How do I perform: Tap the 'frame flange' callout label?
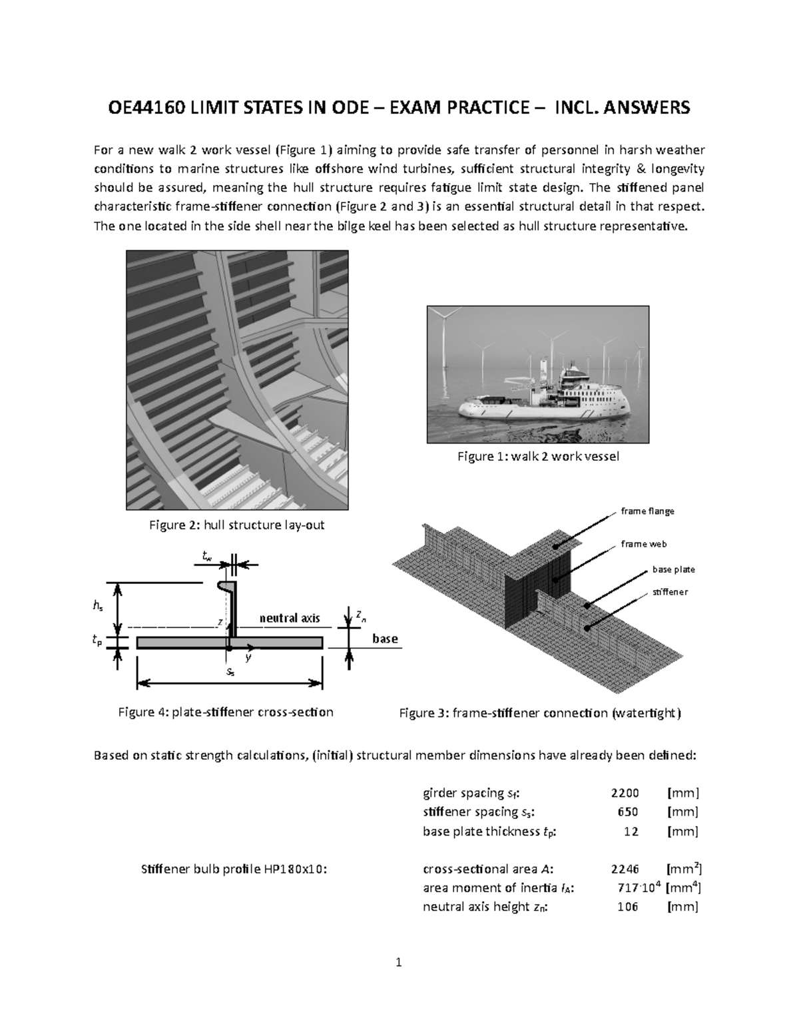point(647,511)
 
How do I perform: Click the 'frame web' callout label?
point(643,544)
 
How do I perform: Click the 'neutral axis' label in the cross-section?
point(290,618)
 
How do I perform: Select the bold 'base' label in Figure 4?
point(385,639)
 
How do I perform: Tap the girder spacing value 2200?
point(625,792)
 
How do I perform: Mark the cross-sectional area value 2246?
point(625,869)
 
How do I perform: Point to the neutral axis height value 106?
point(627,907)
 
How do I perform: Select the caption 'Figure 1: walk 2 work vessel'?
point(538,456)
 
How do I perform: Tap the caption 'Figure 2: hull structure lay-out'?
point(236,525)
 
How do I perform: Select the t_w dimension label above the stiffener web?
point(208,555)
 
